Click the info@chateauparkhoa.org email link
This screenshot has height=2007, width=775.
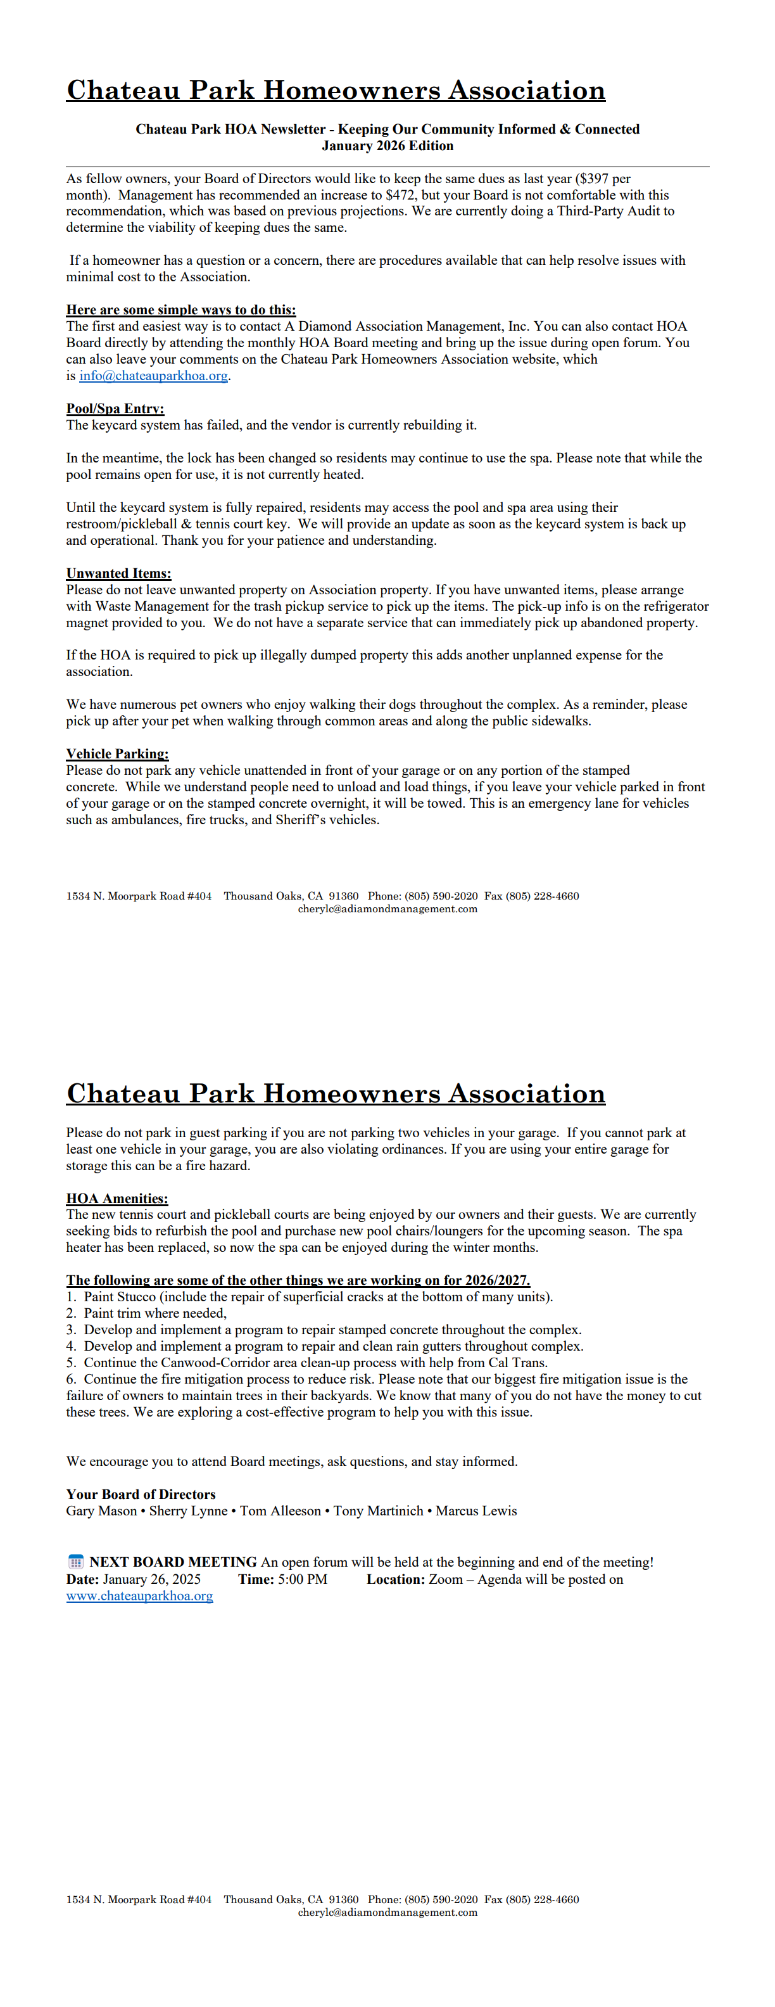(x=153, y=376)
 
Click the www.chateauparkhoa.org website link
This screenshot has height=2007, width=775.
(x=139, y=1596)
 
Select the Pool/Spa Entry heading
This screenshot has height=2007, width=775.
(x=115, y=408)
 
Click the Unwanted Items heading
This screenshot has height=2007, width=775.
(x=118, y=573)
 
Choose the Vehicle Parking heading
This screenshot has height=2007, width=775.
(x=117, y=753)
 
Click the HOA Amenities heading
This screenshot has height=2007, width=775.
(x=117, y=1198)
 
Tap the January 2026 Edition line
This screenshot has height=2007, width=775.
(x=387, y=146)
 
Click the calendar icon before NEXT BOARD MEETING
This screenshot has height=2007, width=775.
(x=75, y=1562)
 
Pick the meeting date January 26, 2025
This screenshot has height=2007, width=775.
(x=151, y=1579)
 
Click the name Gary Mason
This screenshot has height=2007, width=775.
(x=101, y=1511)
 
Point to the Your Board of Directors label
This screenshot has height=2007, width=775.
(x=140, y=1494)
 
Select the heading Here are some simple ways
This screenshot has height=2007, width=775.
(x=180, y=310)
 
